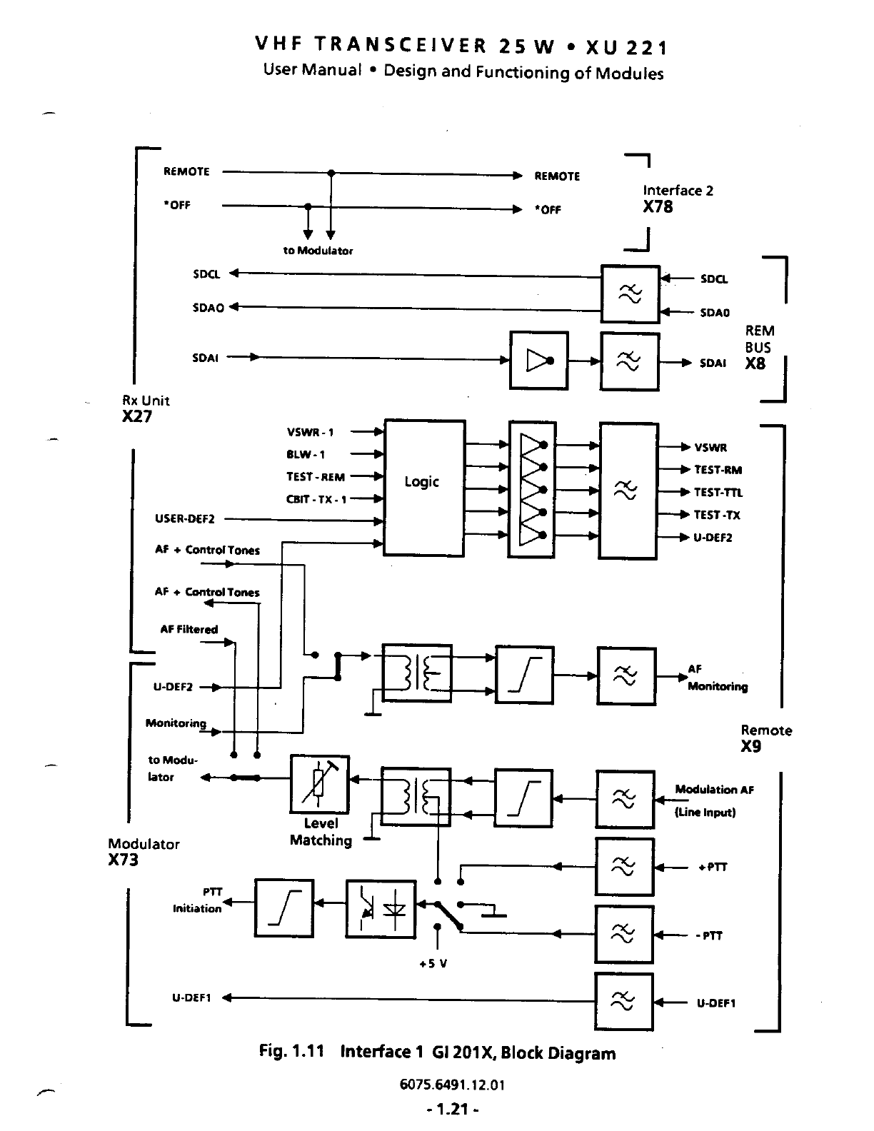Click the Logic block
click(x=424, y=488)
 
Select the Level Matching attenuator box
click(x=320, y=784)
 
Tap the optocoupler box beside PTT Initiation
click(x=381, y=909)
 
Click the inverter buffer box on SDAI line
click(x=539, y=361)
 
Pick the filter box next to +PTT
click(x=625, y=867)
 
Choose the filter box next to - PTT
click(x=625, y=935)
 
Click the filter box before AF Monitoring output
click(x=626, y=676)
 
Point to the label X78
click(x=657, y=207)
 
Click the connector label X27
click(x=137, y=417)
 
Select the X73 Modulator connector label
click(x=124, y=860)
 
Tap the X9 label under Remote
click(x=751, y=747)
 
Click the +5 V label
click(x=433, y=963)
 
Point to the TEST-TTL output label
click(x=718, y=493)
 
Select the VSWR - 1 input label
click(x=310, y=432)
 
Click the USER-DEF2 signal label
click(x=185, y=519)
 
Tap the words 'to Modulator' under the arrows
click(x=318, y=251)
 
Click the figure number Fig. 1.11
click(x=291, y=1052)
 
